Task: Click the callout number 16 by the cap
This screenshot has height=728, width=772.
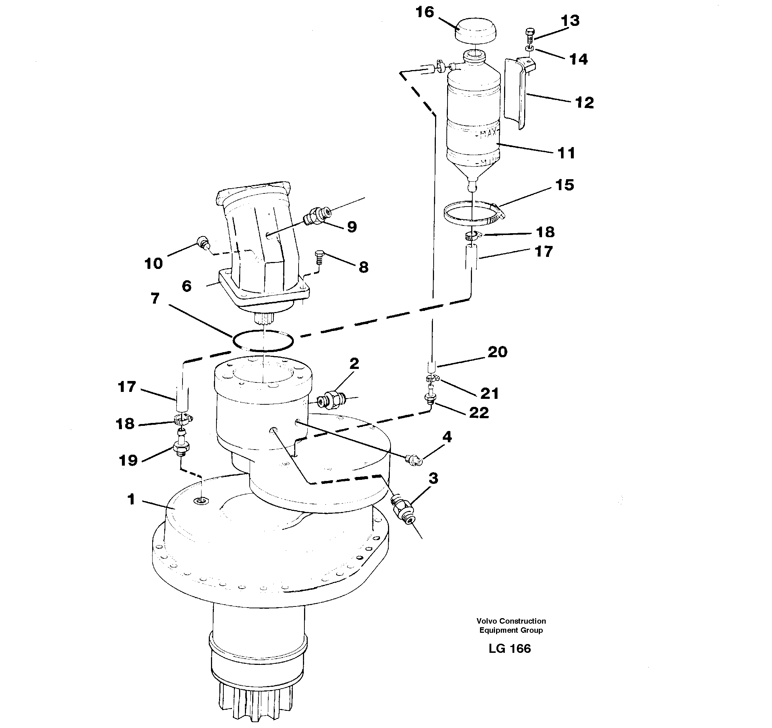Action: pos(425,12)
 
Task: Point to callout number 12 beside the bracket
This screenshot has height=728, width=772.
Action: pos(584,103)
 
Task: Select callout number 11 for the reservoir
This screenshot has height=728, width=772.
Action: pos(566,153)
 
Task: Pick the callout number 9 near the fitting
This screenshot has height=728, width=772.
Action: pos(352,227)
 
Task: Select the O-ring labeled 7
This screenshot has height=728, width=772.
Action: pos(263,341)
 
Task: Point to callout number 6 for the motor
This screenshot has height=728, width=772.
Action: pos(187,286)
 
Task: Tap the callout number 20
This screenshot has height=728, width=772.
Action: pos(498,353)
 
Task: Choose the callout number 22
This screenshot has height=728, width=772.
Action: pos(479,413)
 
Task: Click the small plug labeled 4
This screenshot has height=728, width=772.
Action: pos(414,460)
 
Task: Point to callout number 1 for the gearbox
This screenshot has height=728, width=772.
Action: pos(131,499)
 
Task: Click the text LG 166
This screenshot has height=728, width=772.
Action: pos(510,648)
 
